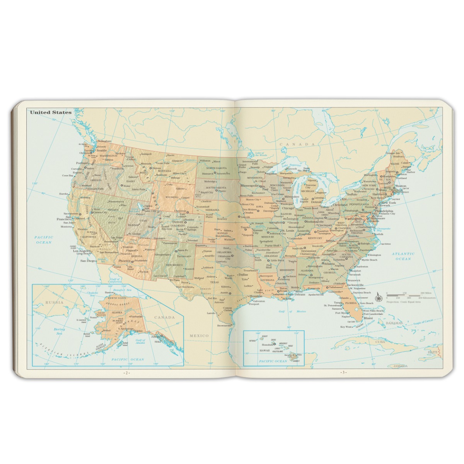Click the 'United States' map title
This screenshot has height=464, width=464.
(x=51, y=112)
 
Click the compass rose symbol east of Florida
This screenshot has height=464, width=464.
(x=379, y=298)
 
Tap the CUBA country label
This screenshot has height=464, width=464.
(x=381, y=342)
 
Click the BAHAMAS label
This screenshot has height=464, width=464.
(x=393, y=323)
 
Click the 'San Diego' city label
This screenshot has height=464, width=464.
(x=88, y=261)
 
